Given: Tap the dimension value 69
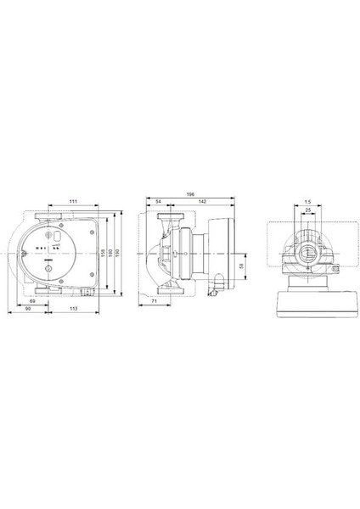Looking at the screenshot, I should click(x=31, y=301).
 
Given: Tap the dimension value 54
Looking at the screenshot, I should click(x=159, y=201).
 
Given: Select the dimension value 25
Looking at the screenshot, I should click(x=307, y=210).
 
